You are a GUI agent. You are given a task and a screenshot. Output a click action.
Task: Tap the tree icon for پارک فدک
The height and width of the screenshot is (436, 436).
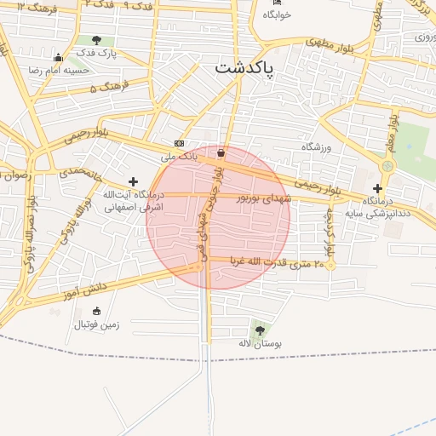(96, 40)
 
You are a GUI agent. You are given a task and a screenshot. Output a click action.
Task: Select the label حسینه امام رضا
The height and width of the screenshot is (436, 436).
(59, 70)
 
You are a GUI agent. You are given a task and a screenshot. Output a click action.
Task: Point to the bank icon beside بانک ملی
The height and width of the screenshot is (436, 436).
(179, 143)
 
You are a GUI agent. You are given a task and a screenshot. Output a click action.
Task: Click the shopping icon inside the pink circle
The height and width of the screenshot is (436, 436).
(221, 152)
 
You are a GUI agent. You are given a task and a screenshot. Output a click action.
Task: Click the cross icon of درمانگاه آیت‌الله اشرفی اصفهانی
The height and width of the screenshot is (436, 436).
(133, 181)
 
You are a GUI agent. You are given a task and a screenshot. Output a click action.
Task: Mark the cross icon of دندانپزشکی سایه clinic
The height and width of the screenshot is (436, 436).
(378, 187)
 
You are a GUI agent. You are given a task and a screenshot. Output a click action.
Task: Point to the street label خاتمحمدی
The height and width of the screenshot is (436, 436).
(80, 172)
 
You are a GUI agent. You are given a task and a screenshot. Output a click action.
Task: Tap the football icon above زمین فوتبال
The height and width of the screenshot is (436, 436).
(95, 311)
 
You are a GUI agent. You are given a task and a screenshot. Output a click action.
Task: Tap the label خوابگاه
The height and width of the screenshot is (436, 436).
(277, 15)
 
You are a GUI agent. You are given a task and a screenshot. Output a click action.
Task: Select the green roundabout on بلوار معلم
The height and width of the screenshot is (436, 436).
(387, 164)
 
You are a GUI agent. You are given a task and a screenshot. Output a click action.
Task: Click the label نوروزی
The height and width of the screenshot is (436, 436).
(424, 37)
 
